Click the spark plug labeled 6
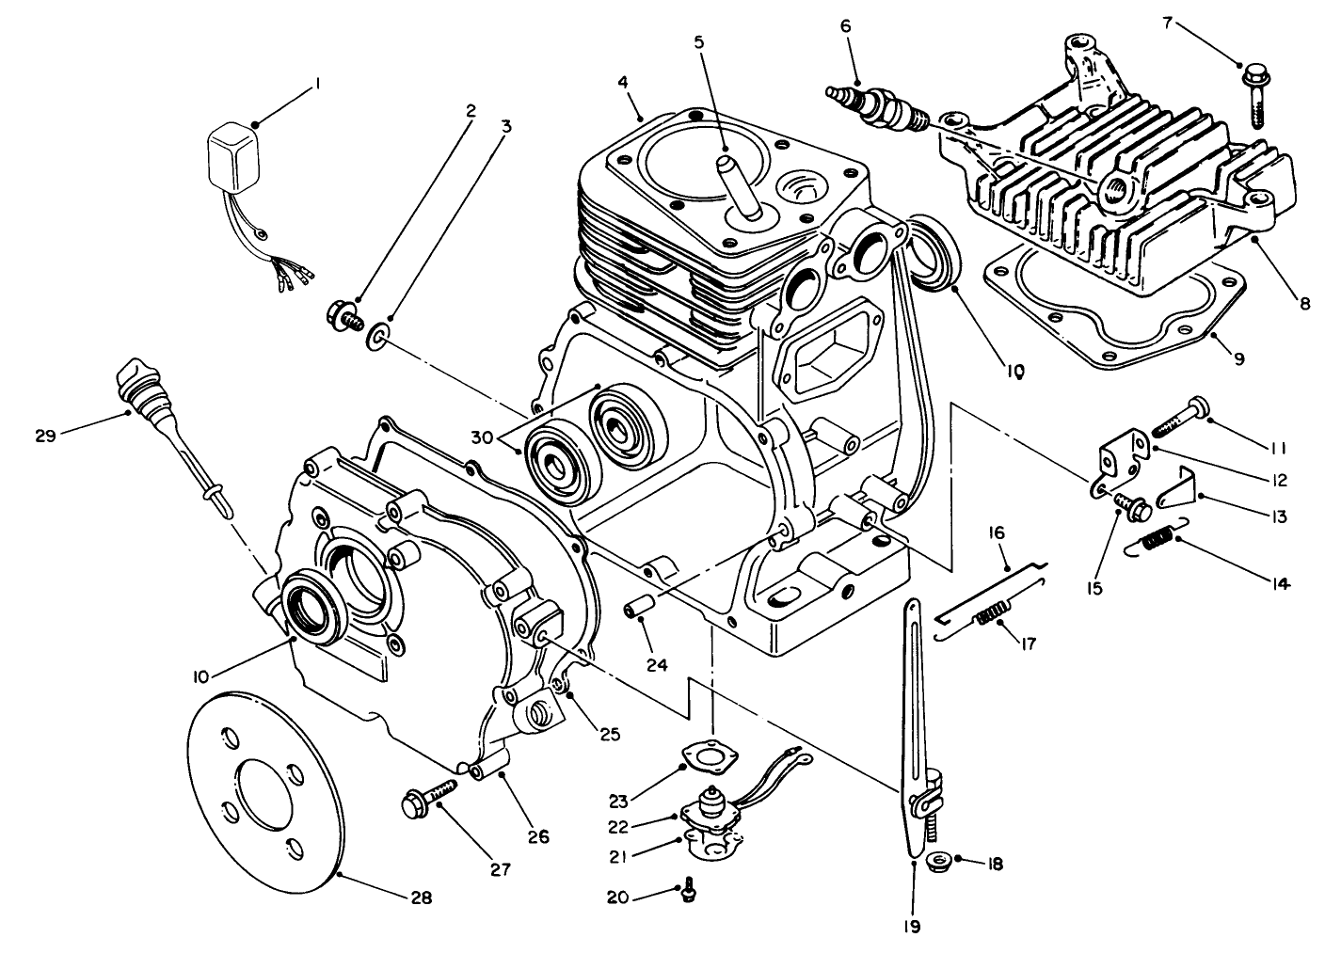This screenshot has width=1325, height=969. pos(875,105)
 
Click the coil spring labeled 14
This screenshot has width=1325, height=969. pos(1157,542)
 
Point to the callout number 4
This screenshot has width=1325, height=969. pos(623,82)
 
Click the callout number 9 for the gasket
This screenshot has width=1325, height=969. pos(1238,357)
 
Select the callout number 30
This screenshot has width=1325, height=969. pos(482,437)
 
